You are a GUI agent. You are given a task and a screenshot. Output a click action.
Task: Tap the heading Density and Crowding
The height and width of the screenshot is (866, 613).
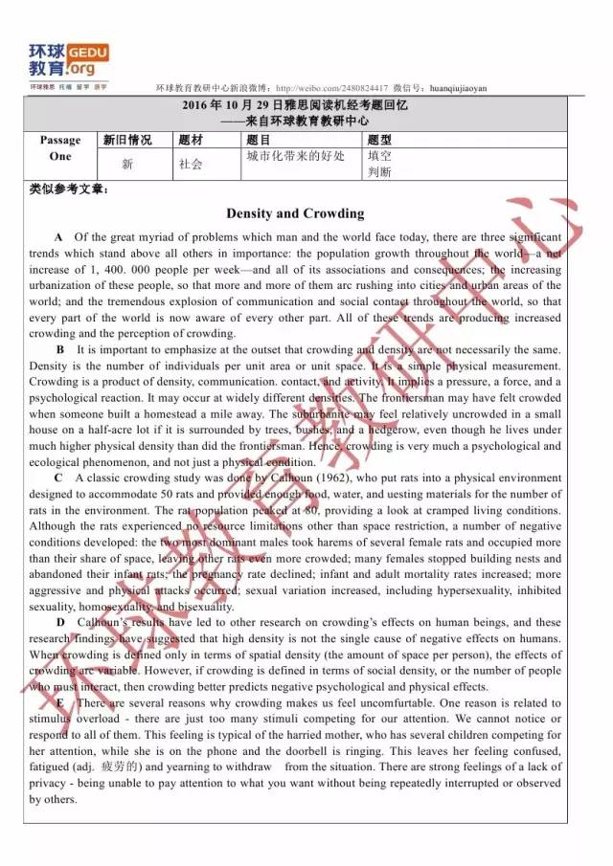295,213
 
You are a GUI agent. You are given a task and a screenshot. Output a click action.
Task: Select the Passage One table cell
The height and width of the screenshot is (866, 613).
60,148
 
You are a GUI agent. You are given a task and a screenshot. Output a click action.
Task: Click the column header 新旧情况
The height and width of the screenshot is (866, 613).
127,140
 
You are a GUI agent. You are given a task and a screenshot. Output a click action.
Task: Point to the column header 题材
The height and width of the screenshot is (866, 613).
191,140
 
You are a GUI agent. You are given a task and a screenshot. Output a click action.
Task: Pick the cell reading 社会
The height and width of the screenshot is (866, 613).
191,165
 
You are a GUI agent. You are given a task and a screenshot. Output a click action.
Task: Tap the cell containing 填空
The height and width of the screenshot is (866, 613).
379,156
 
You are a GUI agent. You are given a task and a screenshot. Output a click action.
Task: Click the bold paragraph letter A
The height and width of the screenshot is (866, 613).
59,236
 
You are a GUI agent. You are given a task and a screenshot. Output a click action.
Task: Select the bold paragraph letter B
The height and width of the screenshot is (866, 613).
59,349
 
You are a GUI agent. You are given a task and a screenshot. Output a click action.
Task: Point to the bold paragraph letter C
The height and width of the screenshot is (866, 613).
59,477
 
